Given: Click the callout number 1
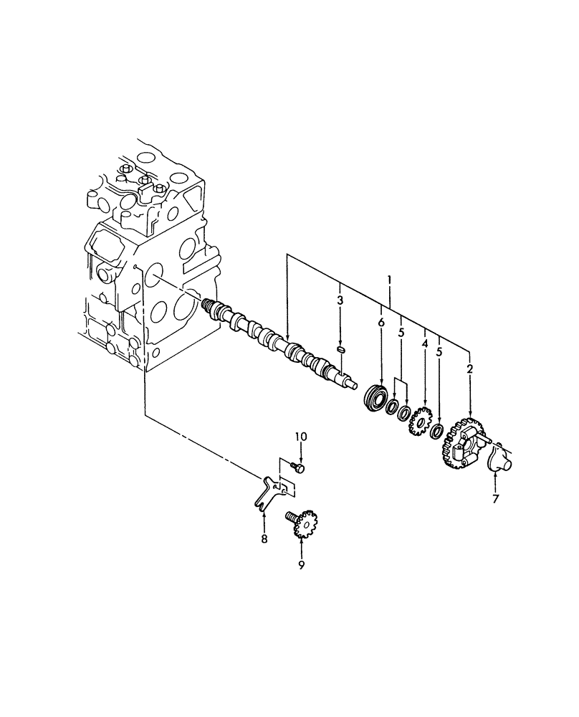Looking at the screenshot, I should point(389,277).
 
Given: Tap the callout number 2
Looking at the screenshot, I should point(469,369).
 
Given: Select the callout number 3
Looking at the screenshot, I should point(341,300).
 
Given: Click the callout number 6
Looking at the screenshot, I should point(381,323).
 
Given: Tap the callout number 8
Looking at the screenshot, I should point(264,538).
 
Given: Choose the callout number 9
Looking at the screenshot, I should point(301,566).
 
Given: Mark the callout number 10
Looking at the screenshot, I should point(300,437).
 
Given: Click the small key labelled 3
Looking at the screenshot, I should point(342,349).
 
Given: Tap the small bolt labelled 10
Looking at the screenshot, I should point(299,468).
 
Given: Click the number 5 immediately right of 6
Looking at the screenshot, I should point(401,333).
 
